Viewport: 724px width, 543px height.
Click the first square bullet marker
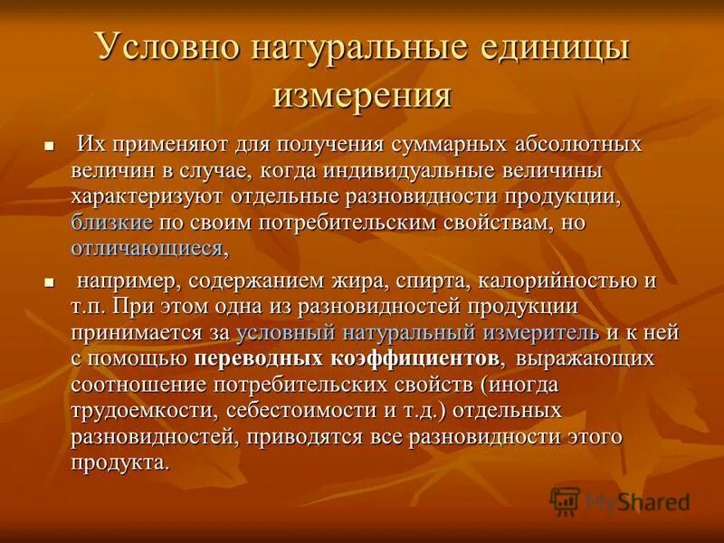(50, 146)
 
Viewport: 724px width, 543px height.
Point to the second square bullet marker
(50, 283)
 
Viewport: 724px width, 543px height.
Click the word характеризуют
(148, 197)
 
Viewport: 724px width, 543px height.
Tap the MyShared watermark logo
(620, 500)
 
